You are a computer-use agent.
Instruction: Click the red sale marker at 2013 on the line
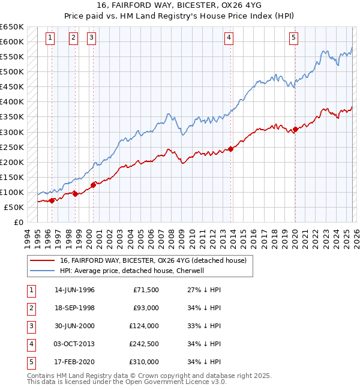coord(231,149)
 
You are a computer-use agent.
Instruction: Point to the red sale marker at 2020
coord(295,129)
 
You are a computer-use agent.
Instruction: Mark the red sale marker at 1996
coord(52,200)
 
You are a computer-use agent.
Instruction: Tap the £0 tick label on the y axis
coord(18,222)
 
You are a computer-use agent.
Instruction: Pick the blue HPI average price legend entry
coord(132,271)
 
